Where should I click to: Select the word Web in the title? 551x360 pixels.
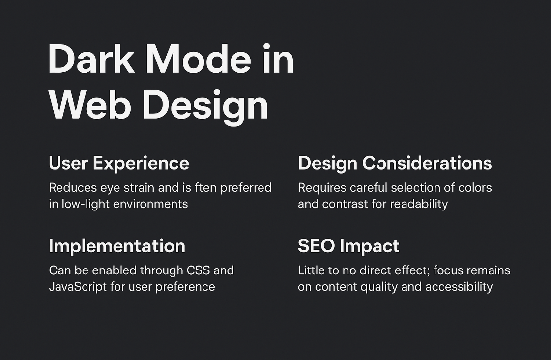[90, 105]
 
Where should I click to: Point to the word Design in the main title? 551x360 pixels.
[205, 107]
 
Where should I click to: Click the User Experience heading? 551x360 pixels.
[119, 163]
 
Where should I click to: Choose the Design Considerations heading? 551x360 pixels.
[395, 163]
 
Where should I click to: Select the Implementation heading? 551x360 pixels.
[117, 246]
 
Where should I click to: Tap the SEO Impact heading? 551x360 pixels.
[348, 246]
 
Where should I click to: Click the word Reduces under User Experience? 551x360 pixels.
[73, 188]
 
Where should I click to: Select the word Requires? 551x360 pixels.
[322, 188]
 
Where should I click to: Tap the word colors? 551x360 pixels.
[475, 188]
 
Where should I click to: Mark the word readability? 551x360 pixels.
[419, 204]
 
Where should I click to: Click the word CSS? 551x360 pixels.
[198, 270]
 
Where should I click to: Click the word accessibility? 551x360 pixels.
[459, 287]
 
